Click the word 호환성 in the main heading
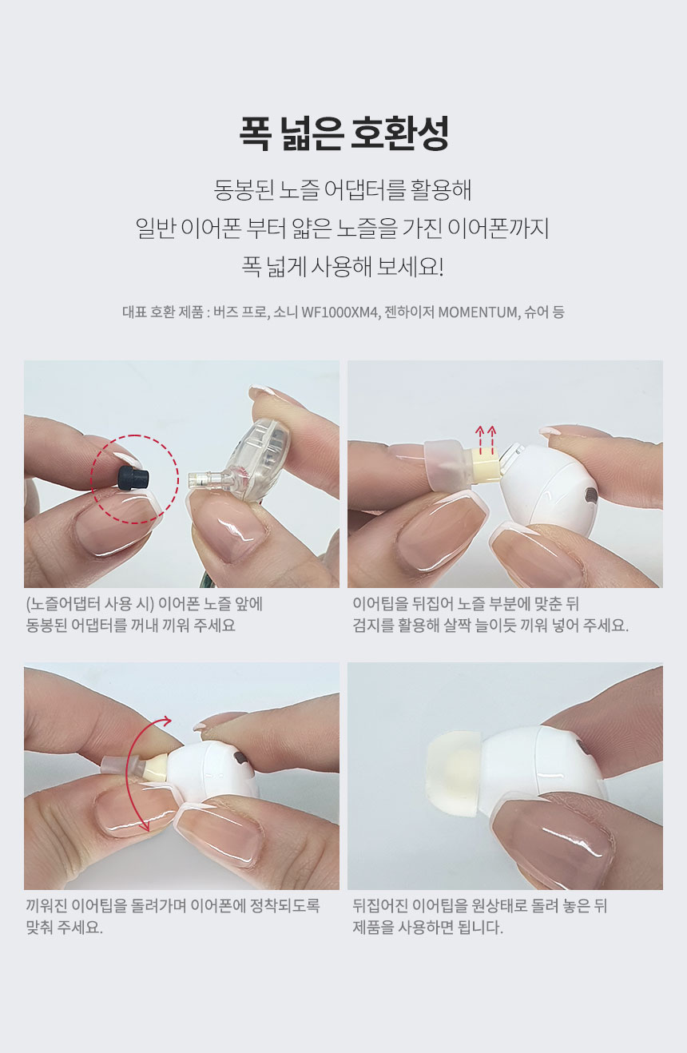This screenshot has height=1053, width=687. click(x=399, y=133)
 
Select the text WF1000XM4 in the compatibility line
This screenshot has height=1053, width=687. click(x=340, y=312)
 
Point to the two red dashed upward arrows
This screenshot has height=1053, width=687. click(x=486, y=439)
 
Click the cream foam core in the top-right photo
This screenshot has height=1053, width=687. click(x=484, y=471)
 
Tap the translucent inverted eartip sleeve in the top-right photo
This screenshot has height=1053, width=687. click(x=447, y=465)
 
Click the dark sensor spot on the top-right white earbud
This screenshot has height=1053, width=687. click(x=590, y=494)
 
